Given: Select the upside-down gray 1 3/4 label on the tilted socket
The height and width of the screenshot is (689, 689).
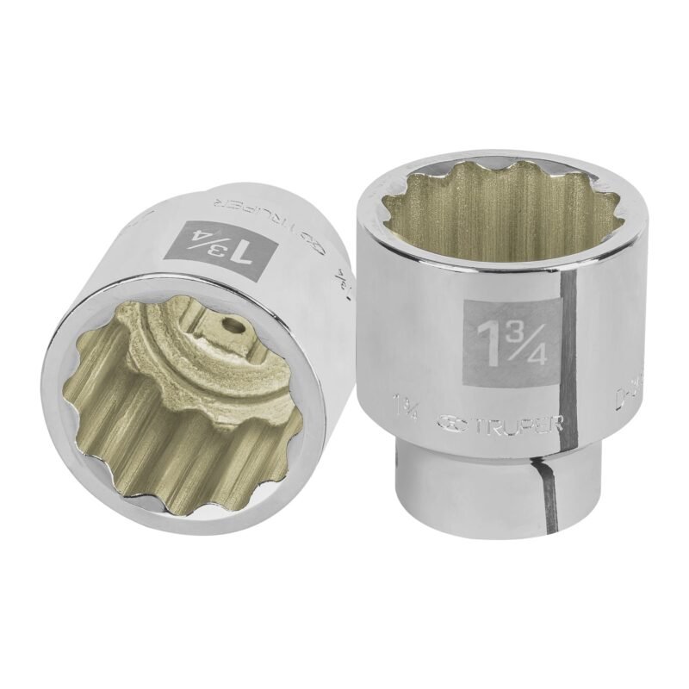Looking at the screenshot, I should click(x=215, y=238).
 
